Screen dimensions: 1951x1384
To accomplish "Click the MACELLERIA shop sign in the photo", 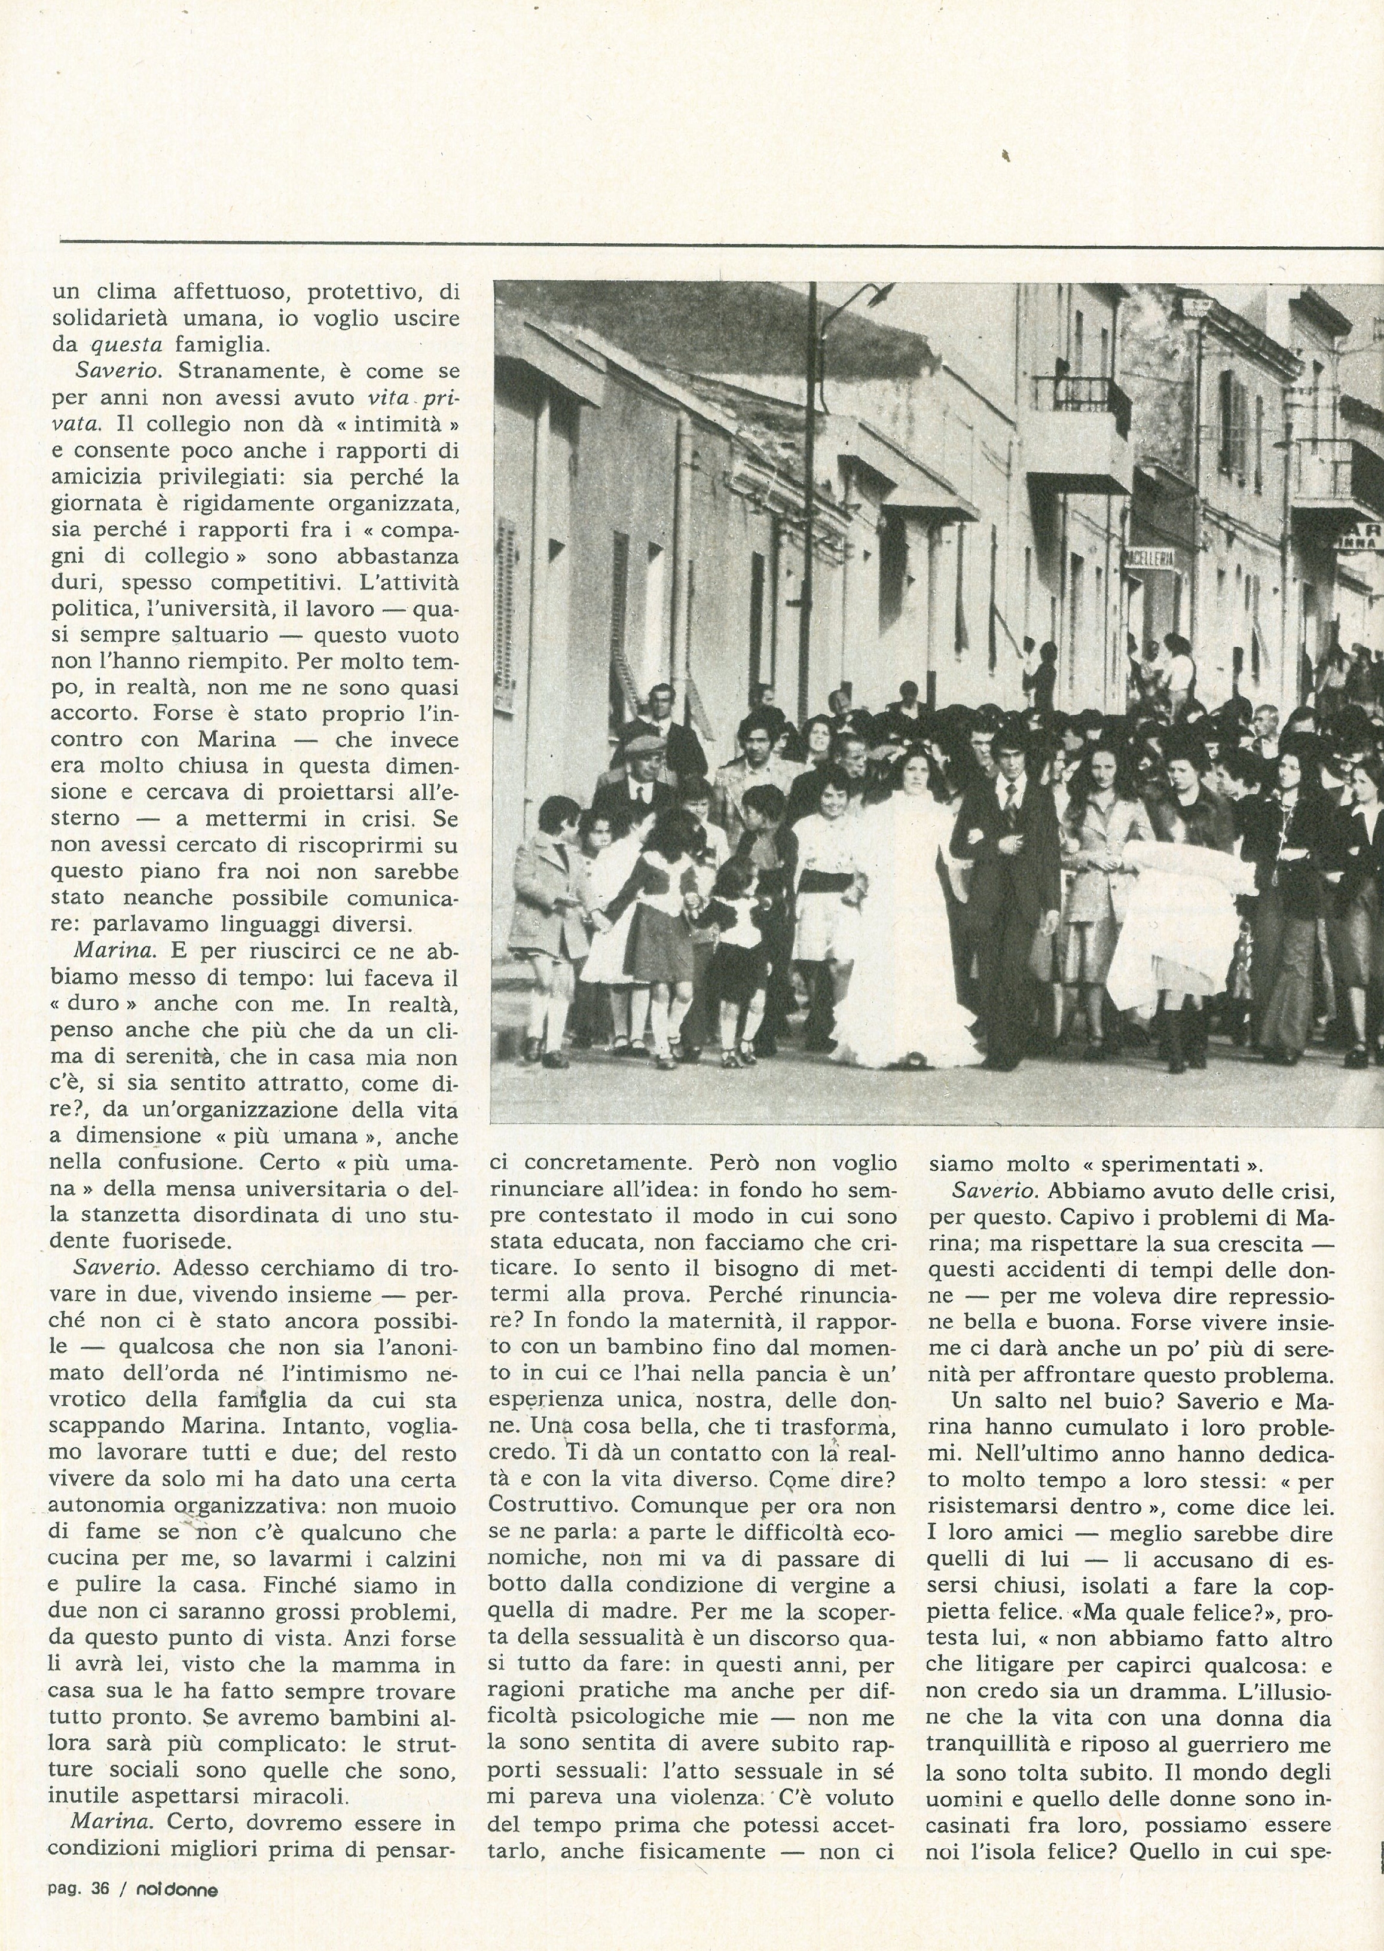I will point(1150,559).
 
